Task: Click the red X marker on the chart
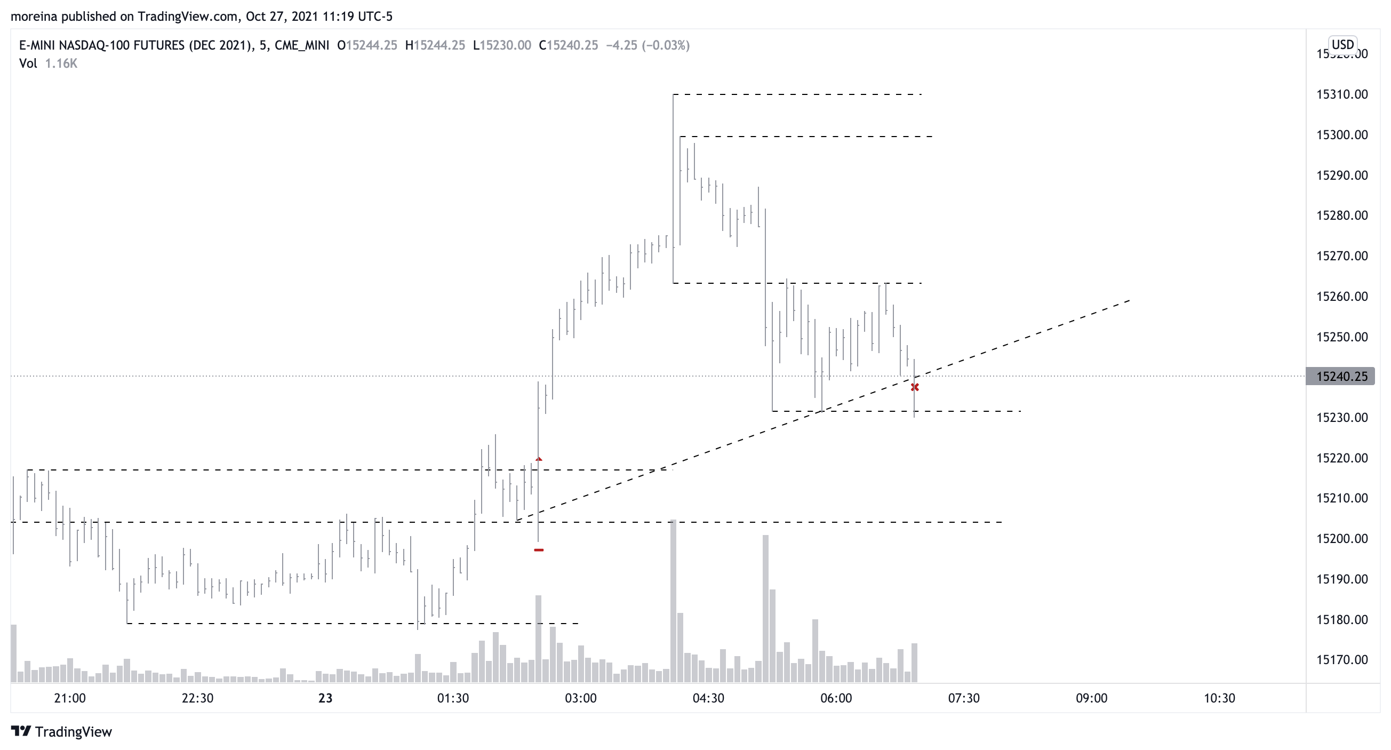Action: point(915,387)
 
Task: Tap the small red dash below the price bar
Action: point(538,549)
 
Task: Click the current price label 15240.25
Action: point(1342,377)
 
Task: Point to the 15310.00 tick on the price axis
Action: point(1342,94)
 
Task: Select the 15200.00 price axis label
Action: point(1342,538)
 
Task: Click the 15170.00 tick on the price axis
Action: point(1342,659)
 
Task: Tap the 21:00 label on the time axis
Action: point(70,698)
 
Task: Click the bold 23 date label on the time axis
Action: point(325,698)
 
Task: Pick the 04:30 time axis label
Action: point(708,698)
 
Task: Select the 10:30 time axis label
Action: point(1219,698)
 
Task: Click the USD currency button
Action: point(1342,44)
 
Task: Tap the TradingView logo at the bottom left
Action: point(61,732)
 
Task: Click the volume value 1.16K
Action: point(61,63)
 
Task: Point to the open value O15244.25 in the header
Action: point(367,45)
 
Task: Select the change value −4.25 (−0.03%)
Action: point(648,45)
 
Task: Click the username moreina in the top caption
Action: point(34,16)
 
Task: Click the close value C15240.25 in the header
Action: point(568,45)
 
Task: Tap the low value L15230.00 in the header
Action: point(502,45)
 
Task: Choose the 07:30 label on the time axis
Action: point(964,698)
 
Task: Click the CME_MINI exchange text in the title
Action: point(302,45)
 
